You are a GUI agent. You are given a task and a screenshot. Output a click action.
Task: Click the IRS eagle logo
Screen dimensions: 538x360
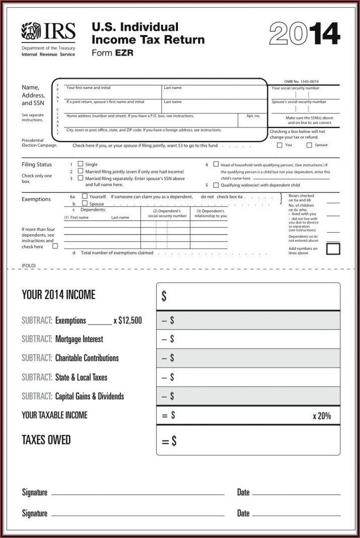coord(31,31)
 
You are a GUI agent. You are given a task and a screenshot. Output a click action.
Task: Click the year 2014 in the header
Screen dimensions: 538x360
coord(304,34)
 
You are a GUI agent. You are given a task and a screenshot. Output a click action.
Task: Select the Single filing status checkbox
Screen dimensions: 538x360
coord(80,164)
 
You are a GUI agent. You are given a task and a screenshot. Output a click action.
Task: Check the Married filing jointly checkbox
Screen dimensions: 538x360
coord(80,171)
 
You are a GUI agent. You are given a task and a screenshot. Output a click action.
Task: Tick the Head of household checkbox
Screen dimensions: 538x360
coord(216,164)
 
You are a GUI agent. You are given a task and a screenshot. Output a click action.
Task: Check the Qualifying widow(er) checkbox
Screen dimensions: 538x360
coord(216,185)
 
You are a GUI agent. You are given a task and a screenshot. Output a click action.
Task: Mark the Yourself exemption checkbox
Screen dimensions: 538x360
coord(84,196)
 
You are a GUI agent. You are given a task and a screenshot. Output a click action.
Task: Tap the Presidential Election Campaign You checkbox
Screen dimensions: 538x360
coord(280,145)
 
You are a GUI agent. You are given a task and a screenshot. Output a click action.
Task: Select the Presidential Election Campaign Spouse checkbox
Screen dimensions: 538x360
coord(309,145)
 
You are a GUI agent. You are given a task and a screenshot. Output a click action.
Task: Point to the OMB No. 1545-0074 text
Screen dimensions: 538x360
coord(301,82)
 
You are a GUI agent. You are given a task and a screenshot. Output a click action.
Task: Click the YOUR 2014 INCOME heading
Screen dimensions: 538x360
coord(59,295)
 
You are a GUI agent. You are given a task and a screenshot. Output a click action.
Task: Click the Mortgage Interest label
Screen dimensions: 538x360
coord(79,339)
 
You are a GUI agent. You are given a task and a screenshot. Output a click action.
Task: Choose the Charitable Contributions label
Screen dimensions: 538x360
coord(86,358)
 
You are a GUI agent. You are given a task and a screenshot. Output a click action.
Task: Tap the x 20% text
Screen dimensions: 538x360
coord(322,416)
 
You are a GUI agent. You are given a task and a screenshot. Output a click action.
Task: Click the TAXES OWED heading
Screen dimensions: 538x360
coord(46,439)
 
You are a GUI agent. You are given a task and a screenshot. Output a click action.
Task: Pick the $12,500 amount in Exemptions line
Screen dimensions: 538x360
coord(130,320)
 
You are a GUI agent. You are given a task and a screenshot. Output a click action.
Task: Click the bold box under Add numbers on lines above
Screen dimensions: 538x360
coord(333,248)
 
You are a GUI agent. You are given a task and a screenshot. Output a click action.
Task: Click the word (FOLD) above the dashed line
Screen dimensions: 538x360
coord(29,265)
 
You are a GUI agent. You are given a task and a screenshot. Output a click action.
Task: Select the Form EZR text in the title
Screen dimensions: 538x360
coord(112,53)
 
